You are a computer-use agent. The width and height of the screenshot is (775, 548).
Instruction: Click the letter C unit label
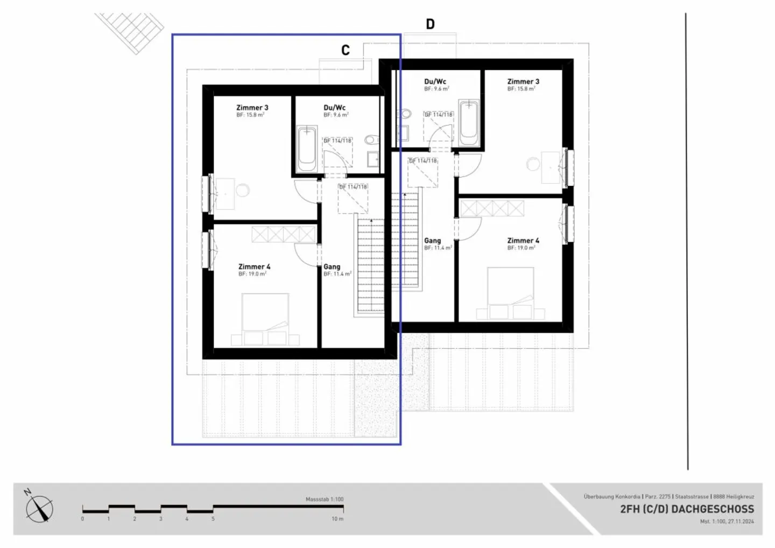[x=346, y=50]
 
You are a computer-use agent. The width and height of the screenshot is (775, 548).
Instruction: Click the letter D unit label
[x=430, y=24]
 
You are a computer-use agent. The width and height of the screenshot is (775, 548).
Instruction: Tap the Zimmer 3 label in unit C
[x=252, y=108]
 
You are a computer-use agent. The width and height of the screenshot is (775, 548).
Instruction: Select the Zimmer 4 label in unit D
[x=523, y=241]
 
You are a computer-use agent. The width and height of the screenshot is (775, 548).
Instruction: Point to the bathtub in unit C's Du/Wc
[x=307, y=149]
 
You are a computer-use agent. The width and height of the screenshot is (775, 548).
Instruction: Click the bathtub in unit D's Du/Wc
[x=469, y=122]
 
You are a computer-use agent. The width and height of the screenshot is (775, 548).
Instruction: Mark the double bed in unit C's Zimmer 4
[x=265, y=315]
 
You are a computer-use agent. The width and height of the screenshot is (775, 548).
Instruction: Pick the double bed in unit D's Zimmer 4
[x=511, y=290]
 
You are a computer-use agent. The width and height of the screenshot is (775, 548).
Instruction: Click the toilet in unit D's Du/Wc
[x=405, y=114]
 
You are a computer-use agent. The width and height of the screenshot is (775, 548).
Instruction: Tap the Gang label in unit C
[x=332, y=266]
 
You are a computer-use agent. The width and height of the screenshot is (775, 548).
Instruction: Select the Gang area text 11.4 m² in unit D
[x=438, y=248]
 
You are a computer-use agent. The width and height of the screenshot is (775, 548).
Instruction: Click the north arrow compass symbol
[x=39, y=508]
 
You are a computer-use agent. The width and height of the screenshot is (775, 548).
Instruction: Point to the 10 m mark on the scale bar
[x=337, y=519]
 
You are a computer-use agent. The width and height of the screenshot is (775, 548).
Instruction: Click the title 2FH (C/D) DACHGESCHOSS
[x=687, y=509]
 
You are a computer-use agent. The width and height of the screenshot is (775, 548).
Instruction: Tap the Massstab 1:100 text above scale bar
[x=324, y=500]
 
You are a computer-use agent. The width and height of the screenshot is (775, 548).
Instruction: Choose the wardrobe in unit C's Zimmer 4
[x=284, y=235]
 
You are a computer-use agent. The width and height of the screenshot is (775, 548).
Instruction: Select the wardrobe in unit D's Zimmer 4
[x=492, y=209]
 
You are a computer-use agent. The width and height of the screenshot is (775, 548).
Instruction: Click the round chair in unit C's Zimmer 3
[x=243, y=190]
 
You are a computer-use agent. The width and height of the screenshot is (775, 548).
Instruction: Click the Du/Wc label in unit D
[x=435, y=82]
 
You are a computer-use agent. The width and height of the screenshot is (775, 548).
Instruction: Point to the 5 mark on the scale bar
[x=213, y=519]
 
